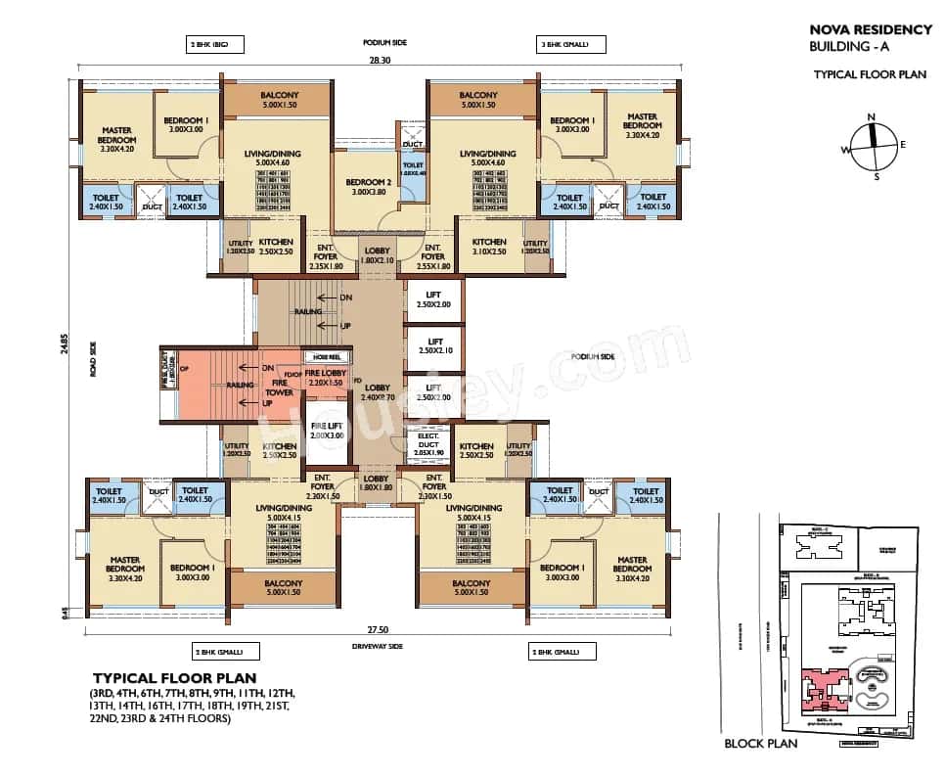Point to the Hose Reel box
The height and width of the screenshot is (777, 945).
click(x=320, y=357)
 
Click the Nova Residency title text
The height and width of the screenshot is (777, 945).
click(x=870, y=30)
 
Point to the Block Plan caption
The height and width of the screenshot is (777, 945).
click(x=760, y=744)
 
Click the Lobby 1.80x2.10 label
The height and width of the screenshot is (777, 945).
click(x=377, y=254)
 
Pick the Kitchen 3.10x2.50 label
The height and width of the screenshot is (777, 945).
click(x=488, y=247)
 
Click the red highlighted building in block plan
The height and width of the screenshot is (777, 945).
click(x=821, y=685)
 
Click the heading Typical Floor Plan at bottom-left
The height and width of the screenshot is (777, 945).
click(x=174, y=677)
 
